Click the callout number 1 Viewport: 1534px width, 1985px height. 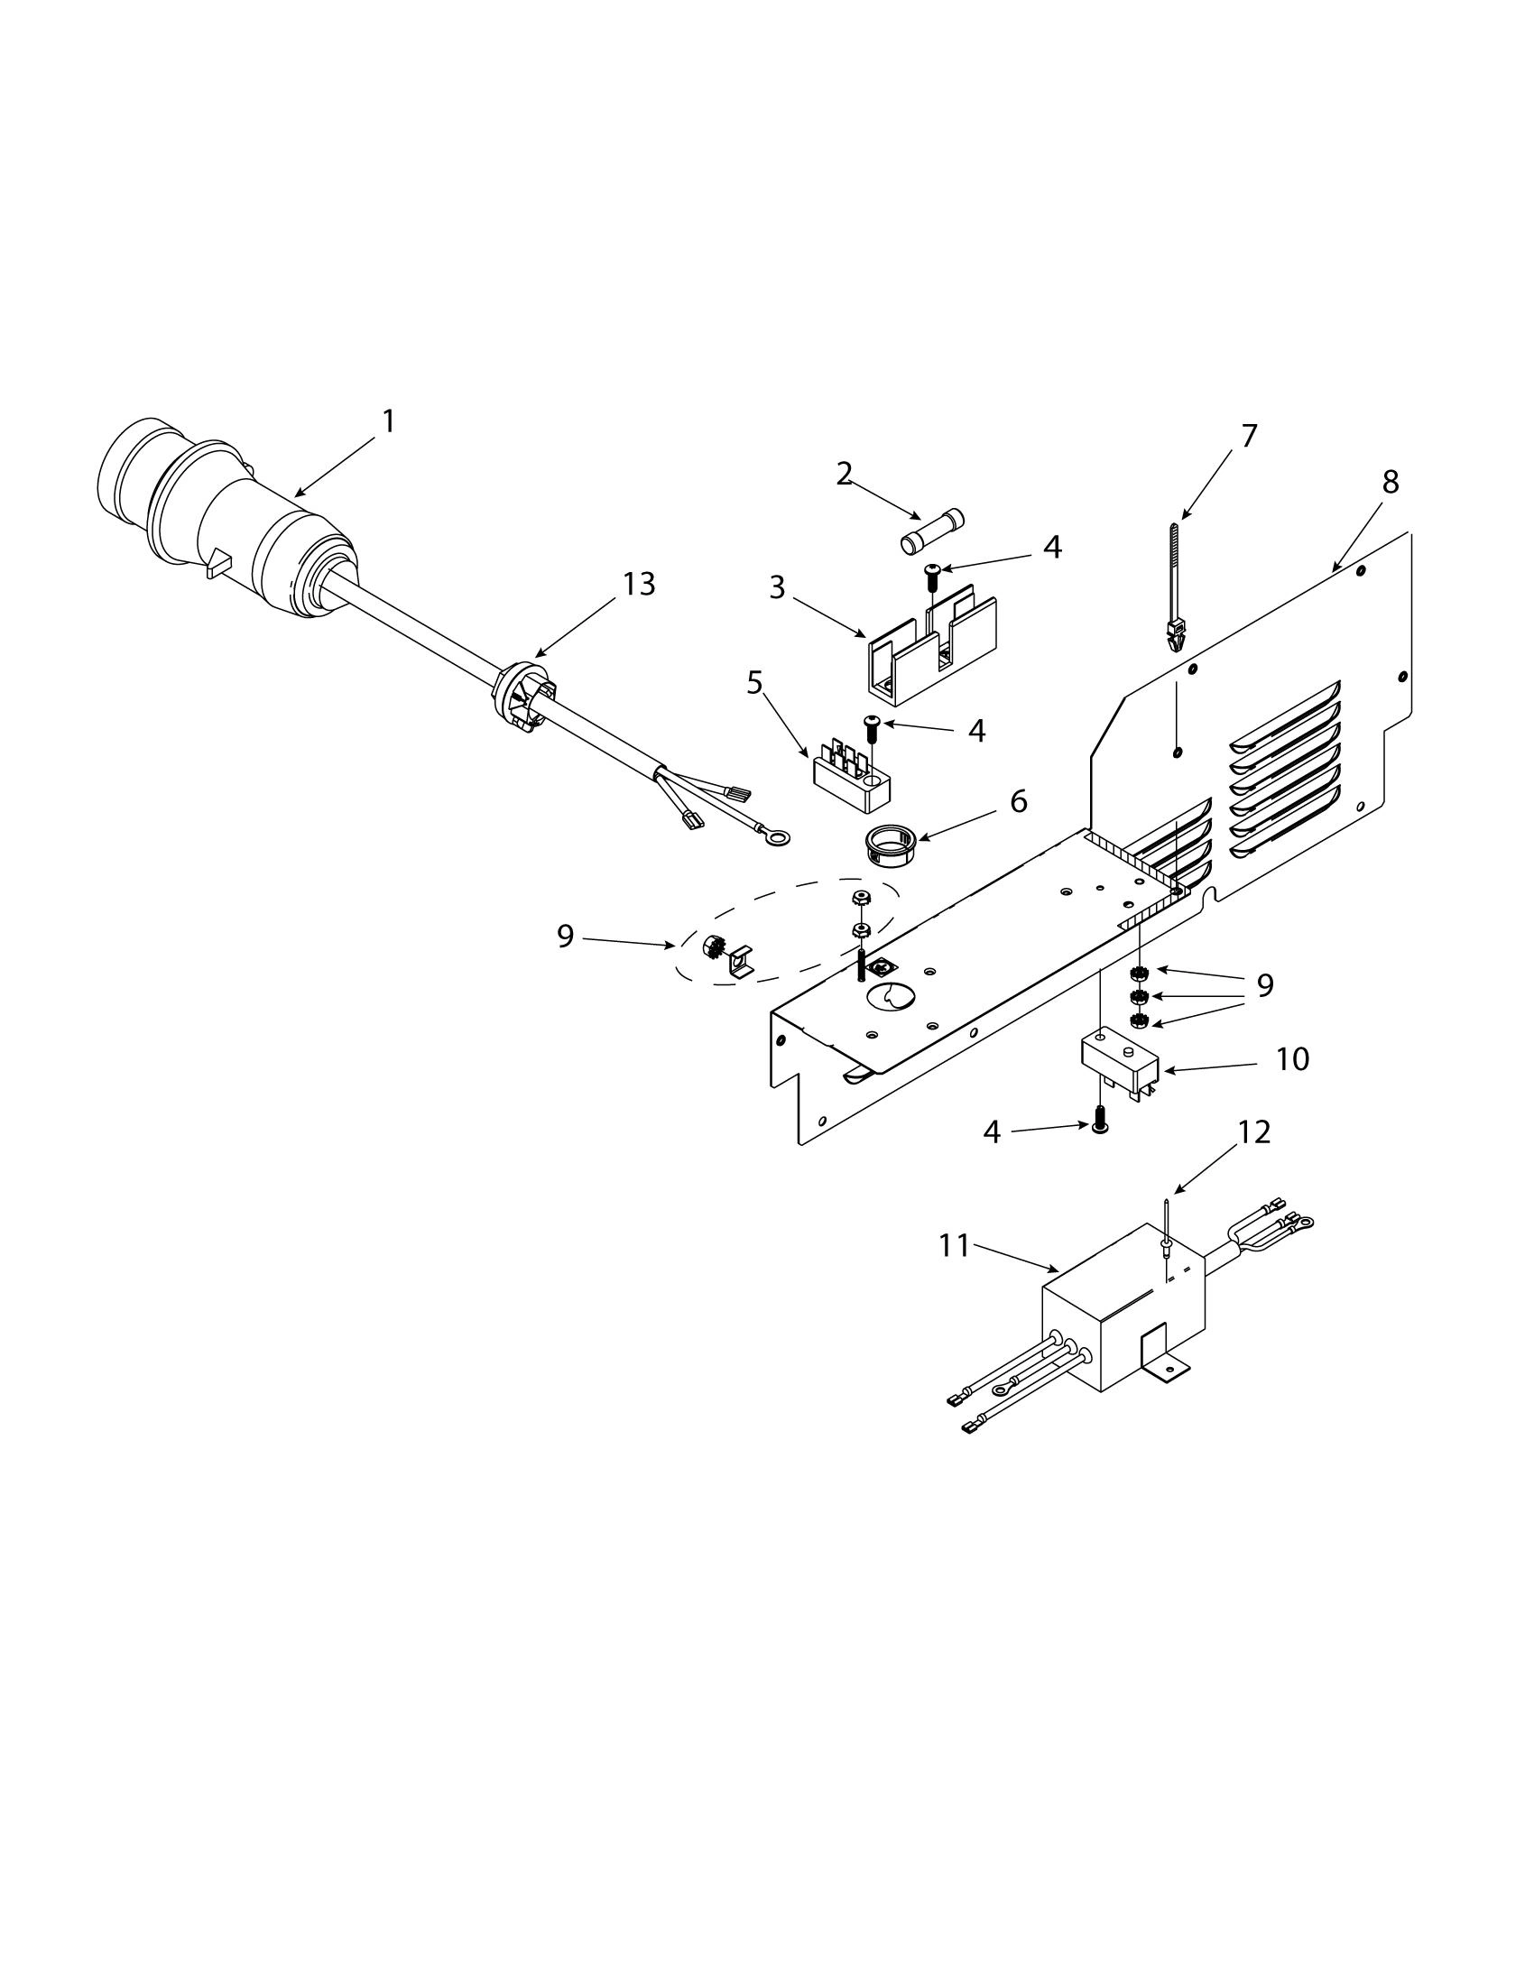388,421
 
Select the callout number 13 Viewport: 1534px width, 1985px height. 639,585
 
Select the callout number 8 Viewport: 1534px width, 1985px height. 1391,483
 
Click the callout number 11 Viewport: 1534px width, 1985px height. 955,1246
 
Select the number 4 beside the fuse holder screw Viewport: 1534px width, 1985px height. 1051,547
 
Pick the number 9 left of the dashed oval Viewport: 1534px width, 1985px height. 565,937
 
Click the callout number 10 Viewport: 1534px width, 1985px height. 1292,1060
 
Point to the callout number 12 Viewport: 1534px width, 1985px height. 1254,1132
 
